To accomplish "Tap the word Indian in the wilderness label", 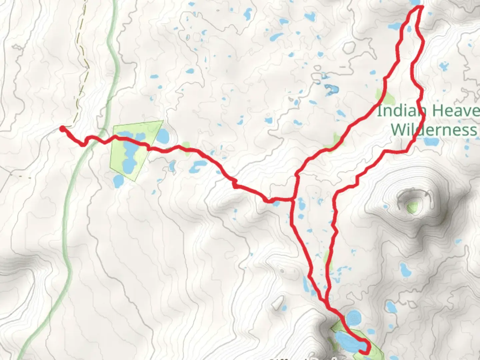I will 397,111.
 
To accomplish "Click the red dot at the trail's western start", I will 62,128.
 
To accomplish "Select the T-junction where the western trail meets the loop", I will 293,200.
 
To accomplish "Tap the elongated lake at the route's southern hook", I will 347,340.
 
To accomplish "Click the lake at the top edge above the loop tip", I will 415,2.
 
